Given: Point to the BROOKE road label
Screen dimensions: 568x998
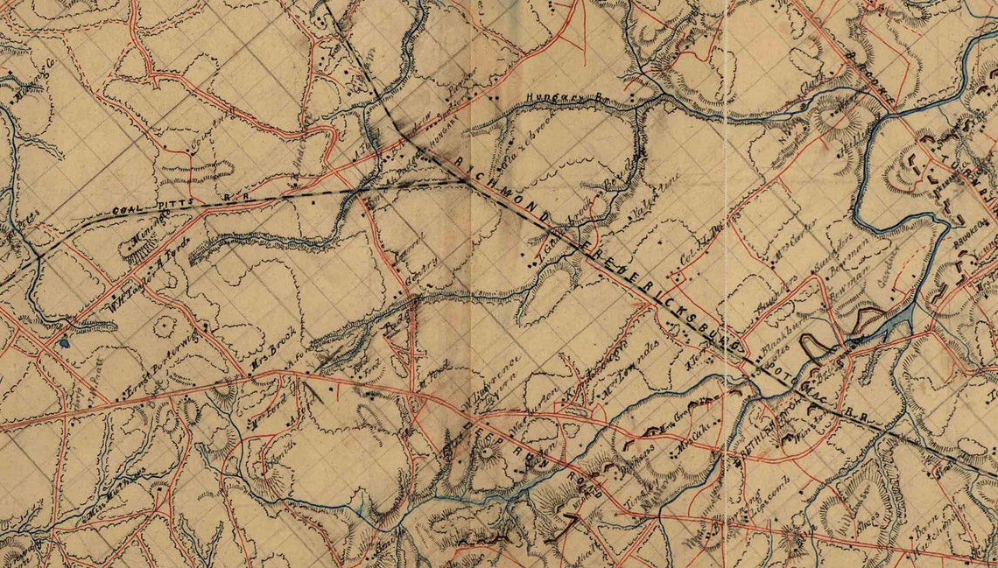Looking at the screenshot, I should [x=871, y=79].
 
